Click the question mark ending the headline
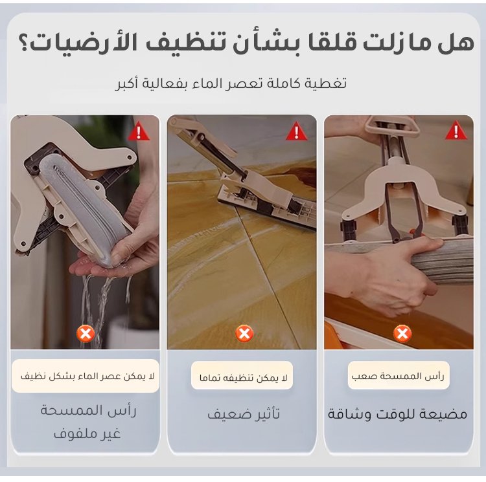click(x=25, y=43)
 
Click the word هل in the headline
click(x=456, y=43)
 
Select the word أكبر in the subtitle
click(x=127, y=83)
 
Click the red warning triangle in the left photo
click(x=139, y=131)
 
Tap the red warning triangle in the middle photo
click(x=296, y=131)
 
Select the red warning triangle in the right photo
click(x=456, y=131)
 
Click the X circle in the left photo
click(x=86, y=333)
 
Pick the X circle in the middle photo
click(x=244, y=333)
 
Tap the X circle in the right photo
click(x=402, y=333)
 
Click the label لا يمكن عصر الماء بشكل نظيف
click(x=87, y=376)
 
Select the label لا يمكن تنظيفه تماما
click(x=243, y=378)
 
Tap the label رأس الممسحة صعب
click(x=398, y=376)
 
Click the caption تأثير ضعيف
click(x=244, y=413)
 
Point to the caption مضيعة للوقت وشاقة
click(x=398, y=413)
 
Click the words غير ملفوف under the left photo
click(x=87, y=433)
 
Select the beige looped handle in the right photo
click(x=391, y=126)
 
